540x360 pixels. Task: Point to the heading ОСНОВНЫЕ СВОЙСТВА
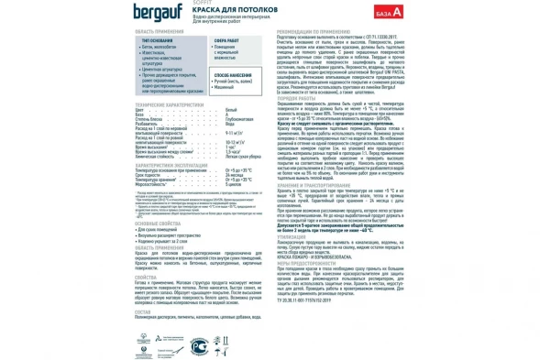coord(157,223)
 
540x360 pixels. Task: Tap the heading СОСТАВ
coord(142,311)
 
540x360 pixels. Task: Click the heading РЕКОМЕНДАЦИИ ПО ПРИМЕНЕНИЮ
coord(318,31)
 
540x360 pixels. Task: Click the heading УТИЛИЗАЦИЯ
coord(291,235)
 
